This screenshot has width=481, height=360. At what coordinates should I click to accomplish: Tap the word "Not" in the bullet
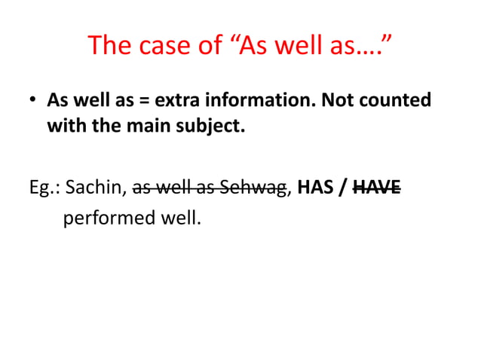tap(337, 100)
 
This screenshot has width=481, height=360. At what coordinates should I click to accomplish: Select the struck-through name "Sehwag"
tap(255, 187)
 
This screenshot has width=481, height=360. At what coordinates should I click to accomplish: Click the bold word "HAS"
tap(315, 187)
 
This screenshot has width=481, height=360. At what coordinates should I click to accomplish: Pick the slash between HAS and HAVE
tap(342, 187)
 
